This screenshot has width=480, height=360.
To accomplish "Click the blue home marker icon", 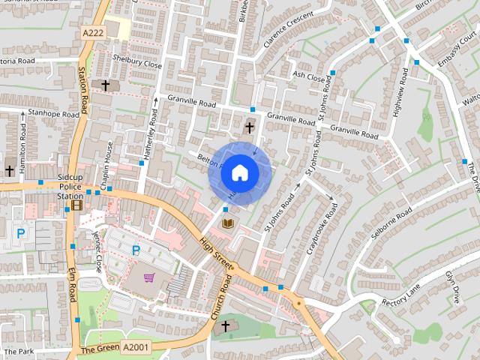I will coord(239,173).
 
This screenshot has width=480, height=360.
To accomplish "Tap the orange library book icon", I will coord(228,223).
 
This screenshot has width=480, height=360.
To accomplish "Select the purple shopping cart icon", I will coord(149,277).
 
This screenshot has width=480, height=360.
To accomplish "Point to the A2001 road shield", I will coord(135,347).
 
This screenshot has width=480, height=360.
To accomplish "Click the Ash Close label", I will coord(309,76).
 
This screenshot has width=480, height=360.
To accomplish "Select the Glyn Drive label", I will coord(453,287).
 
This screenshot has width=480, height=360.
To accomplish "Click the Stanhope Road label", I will coord(53,115).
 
